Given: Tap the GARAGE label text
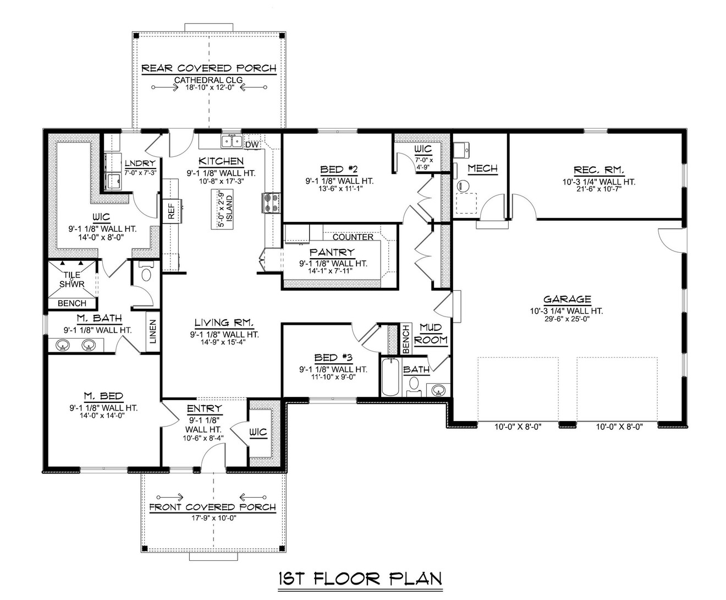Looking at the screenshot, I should click(x=567, y=299).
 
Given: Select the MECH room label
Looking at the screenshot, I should click(x=482, y=168).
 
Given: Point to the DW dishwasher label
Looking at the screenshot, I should click(x=252, y=145).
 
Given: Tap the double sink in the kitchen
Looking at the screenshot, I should click(x=232, y=141).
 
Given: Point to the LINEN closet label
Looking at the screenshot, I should click(x=153, y=331).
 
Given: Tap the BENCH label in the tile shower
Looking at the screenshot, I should click(x=72, y=303).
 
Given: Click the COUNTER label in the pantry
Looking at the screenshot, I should click(x=353, y=237).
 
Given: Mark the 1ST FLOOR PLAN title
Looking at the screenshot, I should click(x=360, y=579).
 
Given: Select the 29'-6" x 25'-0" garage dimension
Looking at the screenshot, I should click(x=567, y=319).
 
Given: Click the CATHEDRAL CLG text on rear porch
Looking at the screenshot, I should click(x=208, y=80).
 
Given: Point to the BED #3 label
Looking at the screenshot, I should click(x=330, y=358).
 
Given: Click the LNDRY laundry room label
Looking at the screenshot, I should click(x=140, y=163).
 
